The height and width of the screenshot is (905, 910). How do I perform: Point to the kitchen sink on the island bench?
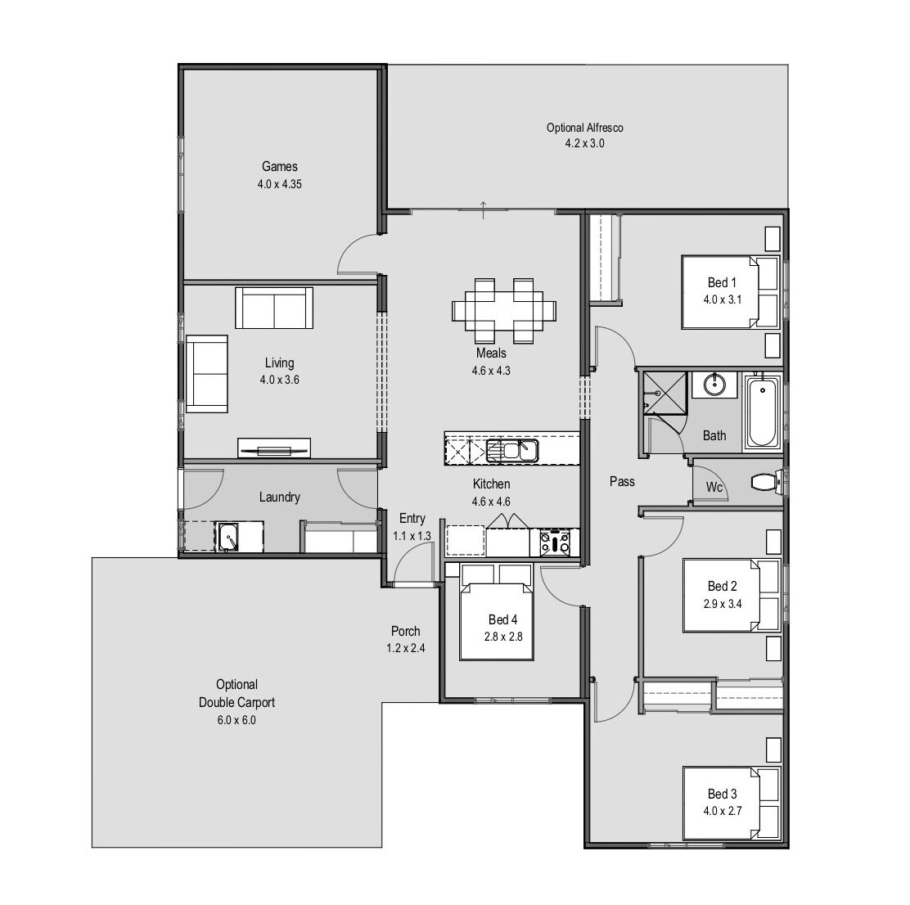click(x=511, y=449)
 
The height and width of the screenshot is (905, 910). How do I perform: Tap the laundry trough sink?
click(x=228, y=538)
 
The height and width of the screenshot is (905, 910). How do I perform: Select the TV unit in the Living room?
click(x=274, y=448)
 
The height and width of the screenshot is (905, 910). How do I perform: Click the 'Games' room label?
click(x=279, y=167)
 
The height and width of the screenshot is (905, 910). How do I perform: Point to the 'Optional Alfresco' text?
click(x=585, y=128)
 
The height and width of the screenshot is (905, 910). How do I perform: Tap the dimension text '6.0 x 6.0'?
click(x=237, y=720)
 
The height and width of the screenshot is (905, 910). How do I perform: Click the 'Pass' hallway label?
click(x=622, y=481)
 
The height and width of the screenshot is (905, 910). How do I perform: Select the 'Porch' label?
click(x=405, y=631)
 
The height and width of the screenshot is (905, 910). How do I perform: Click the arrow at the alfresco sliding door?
click(x=484, y=209)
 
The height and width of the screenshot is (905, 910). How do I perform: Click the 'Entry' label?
click(x=412, y=518)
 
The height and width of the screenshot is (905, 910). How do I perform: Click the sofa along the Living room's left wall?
click(x=207, y=374)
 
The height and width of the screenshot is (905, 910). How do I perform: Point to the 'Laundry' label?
click(x=279, y=497)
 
